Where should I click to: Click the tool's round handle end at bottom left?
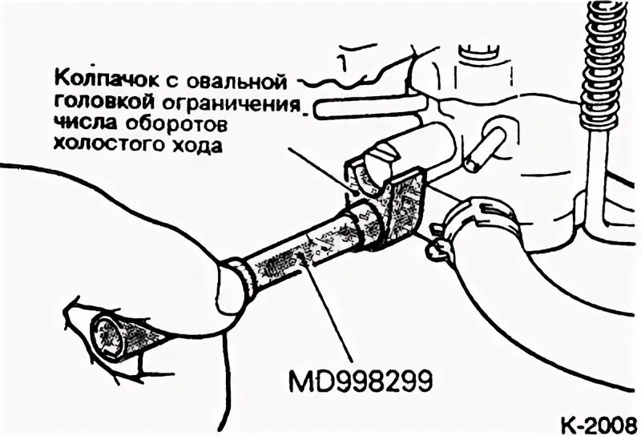[x=117, y=336]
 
